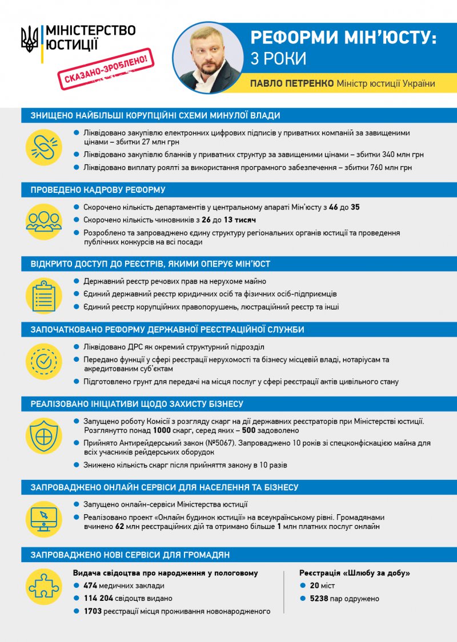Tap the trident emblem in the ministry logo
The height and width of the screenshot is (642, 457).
pyautogui.click(x=29, y=39)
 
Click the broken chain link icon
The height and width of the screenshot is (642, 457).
pyautogui.click(x=44, y=147)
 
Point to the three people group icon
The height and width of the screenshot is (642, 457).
pyautogui.click(x=44, y=221)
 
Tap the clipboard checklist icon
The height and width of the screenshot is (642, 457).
pyautogui.click(x=44, y=295)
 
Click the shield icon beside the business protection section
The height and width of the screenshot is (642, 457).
pyautogui.click(x=44, y=435)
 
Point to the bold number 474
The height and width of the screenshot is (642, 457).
pyautogui.click(x=90, y=586)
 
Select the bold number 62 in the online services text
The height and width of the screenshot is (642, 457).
pyautogui.click(x=120, y=527)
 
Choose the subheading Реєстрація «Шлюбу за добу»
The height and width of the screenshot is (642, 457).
pyautogui.click(x=355, y=572)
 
